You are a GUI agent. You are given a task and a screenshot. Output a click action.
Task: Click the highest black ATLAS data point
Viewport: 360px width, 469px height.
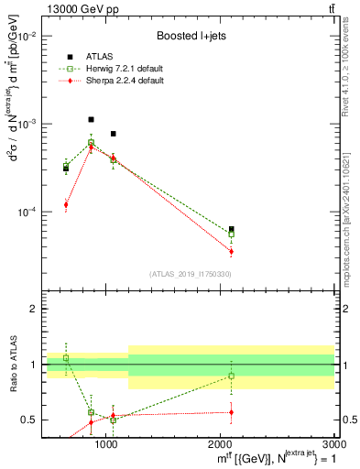click(x=91, y=119)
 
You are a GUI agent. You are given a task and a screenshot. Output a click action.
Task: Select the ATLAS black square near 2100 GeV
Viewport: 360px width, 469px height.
click(x=232, y=229)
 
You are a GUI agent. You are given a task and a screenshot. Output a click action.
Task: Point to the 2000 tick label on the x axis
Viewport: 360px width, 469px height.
click(x=221, y=444)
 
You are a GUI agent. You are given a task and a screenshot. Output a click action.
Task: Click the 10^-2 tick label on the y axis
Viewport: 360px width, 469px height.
click(x=28, y=36)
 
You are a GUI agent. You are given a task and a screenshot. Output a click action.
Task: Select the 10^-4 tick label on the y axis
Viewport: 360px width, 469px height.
click(x=28, y=212)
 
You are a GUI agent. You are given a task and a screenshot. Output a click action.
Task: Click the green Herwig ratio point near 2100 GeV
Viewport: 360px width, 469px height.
click(x=232, y=376)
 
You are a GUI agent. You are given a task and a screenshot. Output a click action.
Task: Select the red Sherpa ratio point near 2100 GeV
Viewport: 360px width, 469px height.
click(x=232, y=412)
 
